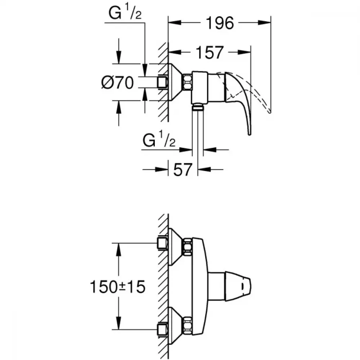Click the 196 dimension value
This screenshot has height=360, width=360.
click(220, 23)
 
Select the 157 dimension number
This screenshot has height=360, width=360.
click(209, 53)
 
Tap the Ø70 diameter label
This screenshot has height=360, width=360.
click(117, 82)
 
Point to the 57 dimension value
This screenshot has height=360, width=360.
click(183, 170)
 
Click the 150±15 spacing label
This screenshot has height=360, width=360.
click(117, 287)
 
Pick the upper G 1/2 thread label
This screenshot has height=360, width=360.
click(125, 14)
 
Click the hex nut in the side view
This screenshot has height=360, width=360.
click(187, 82)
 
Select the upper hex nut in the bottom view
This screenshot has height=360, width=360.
click(188, 247)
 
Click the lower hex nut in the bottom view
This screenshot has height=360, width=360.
click(188, 325)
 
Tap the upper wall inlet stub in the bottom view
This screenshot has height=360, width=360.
click(163, 243)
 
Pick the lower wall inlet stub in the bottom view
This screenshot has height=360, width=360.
click(163, 329)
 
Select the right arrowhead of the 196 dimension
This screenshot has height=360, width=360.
click(264, 23)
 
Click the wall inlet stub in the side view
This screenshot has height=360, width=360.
click(163, 82)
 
